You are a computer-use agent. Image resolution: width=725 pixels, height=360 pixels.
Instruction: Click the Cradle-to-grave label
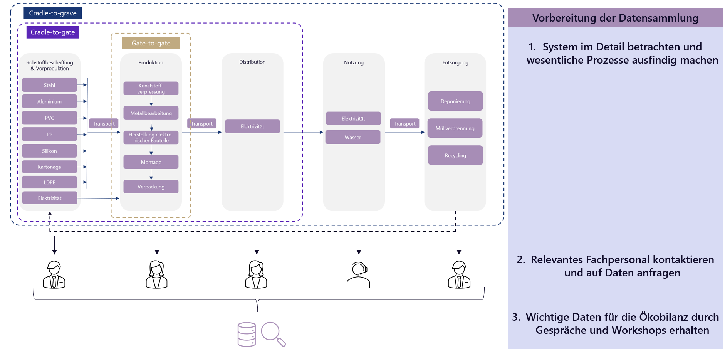click(53, 13)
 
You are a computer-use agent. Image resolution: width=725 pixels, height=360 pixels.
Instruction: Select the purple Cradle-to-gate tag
click(53, 32)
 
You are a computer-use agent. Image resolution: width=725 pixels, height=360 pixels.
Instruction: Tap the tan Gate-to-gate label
click(151, 43)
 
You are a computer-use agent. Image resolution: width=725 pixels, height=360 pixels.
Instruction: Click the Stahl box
click(49, 85)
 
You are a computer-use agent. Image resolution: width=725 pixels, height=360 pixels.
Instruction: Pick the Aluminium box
click(49, 101)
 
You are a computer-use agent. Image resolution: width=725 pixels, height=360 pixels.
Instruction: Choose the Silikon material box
click(49, 151)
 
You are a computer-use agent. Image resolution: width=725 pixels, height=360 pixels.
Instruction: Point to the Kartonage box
click(49, 167)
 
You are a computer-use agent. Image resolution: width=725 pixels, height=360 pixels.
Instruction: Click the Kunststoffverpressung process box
click(151, 88)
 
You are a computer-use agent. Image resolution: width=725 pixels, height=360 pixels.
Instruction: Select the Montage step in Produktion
click(151, 162)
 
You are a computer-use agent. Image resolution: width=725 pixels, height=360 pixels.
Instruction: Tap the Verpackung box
click(151, 187)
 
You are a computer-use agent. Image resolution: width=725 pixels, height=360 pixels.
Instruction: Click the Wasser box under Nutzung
click(353, 137)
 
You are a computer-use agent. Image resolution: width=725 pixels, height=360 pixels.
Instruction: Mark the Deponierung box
click(455, 101)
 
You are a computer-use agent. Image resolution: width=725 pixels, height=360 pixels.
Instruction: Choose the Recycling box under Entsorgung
click(455, 155)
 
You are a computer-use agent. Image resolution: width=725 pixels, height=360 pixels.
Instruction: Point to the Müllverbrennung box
click(455, 128)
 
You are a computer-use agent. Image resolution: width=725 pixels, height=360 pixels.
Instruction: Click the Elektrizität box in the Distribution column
click(252, 126)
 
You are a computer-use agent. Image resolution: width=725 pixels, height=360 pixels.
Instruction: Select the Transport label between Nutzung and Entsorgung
click(404, 123)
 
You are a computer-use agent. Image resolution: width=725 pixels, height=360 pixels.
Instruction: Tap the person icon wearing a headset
click(358, 275)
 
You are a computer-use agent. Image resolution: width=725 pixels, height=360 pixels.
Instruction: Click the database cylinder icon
click(247, 334)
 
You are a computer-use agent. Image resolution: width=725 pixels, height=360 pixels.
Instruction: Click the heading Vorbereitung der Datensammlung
click(615, 18)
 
